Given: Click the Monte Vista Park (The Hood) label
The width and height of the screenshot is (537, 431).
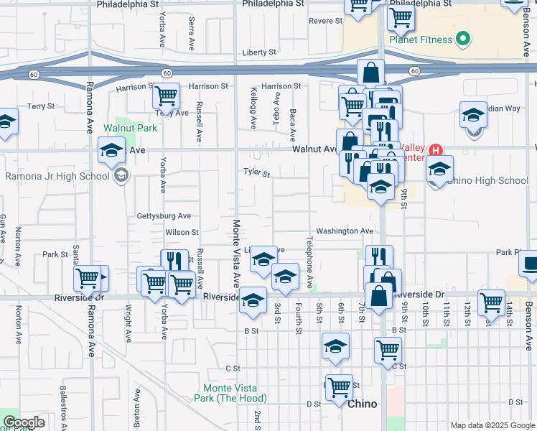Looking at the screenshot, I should point(230,392).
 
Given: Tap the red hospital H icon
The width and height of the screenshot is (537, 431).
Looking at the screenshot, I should point(435,151).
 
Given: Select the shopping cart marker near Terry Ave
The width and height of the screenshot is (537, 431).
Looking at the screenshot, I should point(166,96).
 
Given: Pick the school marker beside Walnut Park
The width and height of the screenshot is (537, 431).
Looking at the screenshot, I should point(111,152).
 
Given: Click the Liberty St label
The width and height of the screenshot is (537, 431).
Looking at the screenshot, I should point(258,52).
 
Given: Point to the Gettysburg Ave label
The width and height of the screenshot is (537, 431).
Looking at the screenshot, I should point(164,215).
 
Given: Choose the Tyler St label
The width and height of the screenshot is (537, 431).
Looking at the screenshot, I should point(256,173).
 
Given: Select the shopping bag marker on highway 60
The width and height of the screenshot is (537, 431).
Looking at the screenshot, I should point(371,73).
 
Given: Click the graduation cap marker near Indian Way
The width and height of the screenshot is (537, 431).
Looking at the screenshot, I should point(474,116).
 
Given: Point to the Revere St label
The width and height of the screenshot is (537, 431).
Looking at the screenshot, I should point(325,21).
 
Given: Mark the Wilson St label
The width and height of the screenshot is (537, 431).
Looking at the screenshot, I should point(182,233).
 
